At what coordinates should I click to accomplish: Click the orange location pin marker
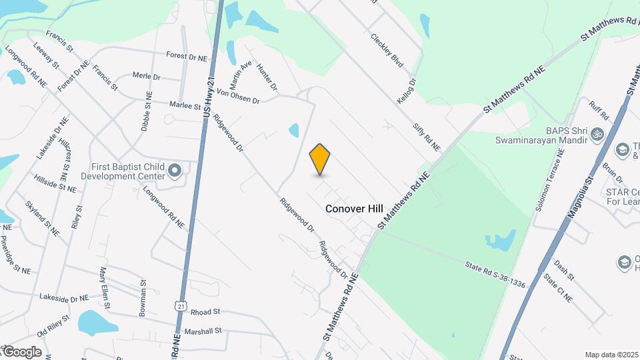(320, 159)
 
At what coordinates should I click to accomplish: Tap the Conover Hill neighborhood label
(354, 209)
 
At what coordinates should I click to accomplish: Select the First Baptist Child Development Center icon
(175, 170)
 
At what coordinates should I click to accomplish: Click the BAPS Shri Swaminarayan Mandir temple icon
(598, 135)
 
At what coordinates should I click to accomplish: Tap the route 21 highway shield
(180, 305)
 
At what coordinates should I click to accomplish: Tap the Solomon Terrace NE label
(549, 180)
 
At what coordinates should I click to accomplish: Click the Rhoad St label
(205, 311)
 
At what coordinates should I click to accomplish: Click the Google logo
(22, 351)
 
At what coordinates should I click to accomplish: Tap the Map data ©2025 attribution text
(612, 355)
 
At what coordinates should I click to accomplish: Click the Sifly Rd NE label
(426, 136)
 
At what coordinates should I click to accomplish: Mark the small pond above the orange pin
(294, 130)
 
